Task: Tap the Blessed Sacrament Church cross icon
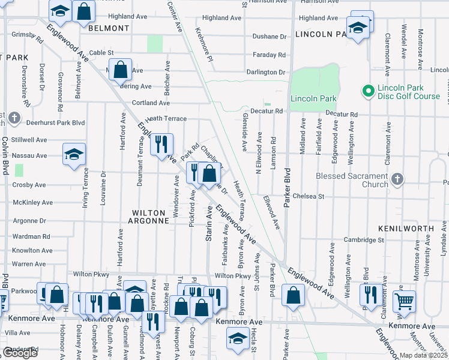pyautogui.click(x=397, y=179)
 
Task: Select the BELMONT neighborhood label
pyautogui.click(x=109, y=28)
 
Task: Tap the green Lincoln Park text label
pyautogui.click(x=312, y=98)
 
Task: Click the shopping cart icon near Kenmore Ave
pyautogui.click(x=405, y=301)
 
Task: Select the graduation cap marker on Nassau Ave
pyautogui.click(x=74, y=154)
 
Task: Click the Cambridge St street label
pyautogui.click(x=363, y=239)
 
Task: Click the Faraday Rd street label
pyautogui.click(x=268, y=55)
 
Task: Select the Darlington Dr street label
pyautogui.click(x=265, y=73)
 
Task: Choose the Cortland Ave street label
pyautogui.click(x=139, y=103)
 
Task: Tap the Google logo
pyautogui.click(x=20, y=353)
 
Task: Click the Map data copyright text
pyautogui.click(x=423, y=355)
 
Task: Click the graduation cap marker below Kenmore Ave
pyautogui.click(x=238, y=338)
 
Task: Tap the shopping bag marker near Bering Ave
pyautogui.click(x=121, y=69)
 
